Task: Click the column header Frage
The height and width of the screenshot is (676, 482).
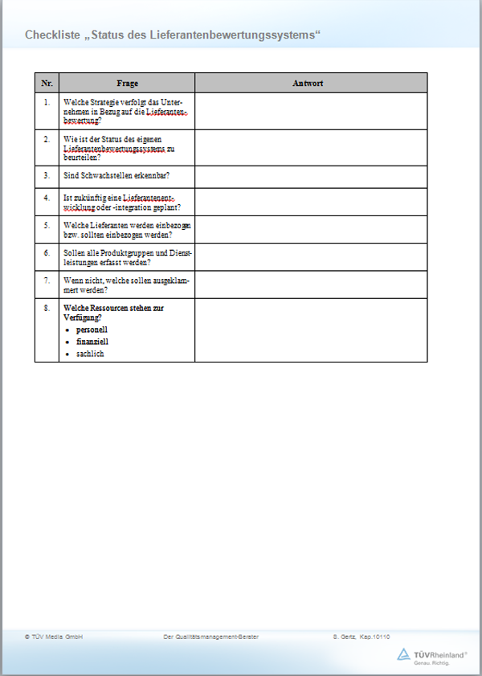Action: (x=127, y=83)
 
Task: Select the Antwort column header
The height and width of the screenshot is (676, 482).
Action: (x=310, y=83)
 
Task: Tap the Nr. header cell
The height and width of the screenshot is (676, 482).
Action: (x=47, y=83)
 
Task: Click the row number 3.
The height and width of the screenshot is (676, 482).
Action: (x=47, y=174)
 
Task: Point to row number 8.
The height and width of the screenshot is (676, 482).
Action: (x=47, y=308)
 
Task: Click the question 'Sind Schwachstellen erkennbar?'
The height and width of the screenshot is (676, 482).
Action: (x=116, y=174)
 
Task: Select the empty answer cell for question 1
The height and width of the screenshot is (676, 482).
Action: (x=310, y=111)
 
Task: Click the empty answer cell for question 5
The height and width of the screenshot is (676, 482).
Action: (x=310, y=230)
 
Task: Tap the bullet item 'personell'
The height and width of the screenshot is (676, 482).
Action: (x=92, y=330)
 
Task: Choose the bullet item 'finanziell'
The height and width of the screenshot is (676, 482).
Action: (x=92, y=342)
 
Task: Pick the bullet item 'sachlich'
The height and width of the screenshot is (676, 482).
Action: (x=90, y=354)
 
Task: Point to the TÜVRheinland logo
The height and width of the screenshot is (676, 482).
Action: (x=433, y=657)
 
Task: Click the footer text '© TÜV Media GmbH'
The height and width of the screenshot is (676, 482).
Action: (x=54, y=637)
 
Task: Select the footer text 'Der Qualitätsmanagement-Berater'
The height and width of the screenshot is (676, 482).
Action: (x=210, y=637)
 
